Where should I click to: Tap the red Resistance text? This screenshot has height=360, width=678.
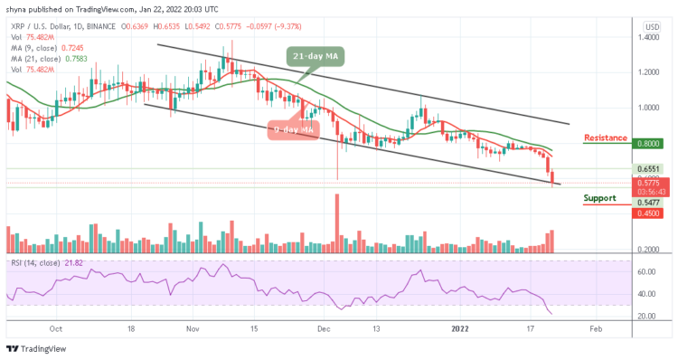606,138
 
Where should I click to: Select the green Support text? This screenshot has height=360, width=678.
602,197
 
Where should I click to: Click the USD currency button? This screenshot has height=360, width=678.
651,25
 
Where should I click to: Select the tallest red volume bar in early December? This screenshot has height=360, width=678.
337,216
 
